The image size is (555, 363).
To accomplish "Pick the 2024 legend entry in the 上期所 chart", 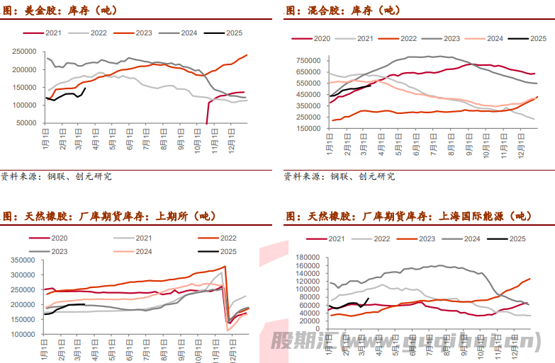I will click(x=143, y=251).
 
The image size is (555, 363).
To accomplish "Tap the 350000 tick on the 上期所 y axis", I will click(x=23, y=260).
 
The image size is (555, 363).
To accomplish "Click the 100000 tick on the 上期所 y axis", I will click(x=23, y=334).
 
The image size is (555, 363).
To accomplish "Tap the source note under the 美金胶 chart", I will click(x=56, y=176).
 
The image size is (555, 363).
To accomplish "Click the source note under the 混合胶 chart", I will click(x=340, y=176).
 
